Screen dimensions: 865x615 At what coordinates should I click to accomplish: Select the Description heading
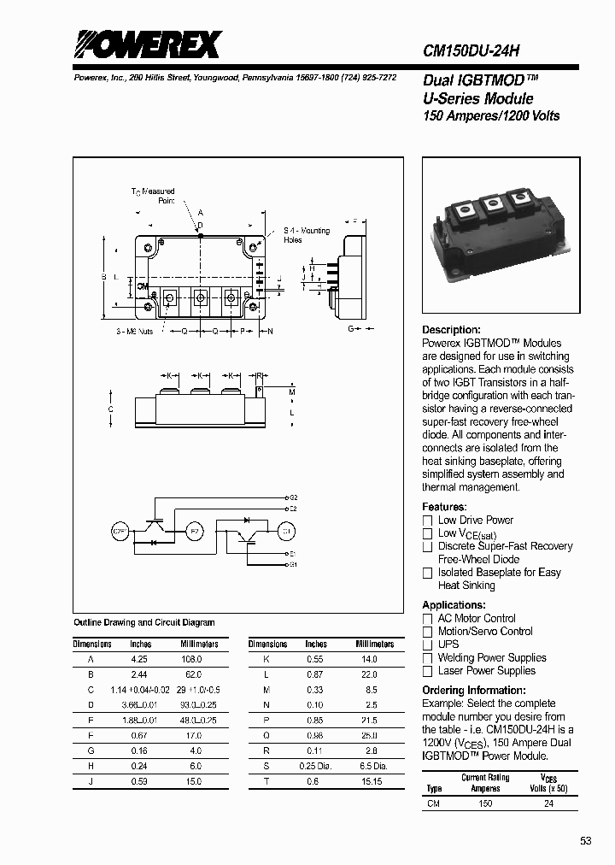click(451, 330)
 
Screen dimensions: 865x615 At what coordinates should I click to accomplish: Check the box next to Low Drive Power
click(428, 521)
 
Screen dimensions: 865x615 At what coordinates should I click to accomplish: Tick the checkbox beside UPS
click(428, 644)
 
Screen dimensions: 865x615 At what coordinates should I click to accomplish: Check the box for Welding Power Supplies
click(428, 658)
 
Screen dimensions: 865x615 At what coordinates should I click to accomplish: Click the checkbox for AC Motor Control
click(428, 619)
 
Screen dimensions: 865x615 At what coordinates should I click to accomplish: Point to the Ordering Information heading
click(468, 691)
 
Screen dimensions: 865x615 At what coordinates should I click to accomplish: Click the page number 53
click(585, 841)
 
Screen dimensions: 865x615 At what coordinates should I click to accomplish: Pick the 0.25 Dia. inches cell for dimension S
click(315, 767)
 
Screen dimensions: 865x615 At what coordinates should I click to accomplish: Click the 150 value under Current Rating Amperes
click(485, 803)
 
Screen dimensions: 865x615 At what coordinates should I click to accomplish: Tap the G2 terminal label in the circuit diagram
click(293, 497)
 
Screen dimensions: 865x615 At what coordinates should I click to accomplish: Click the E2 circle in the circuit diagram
click(194, 532)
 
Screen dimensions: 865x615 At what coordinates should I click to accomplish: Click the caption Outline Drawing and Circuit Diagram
click(144, 623)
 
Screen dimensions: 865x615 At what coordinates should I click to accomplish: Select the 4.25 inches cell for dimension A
click(138, 659)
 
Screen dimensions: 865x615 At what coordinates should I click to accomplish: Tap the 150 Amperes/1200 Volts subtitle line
click(491, 115)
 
